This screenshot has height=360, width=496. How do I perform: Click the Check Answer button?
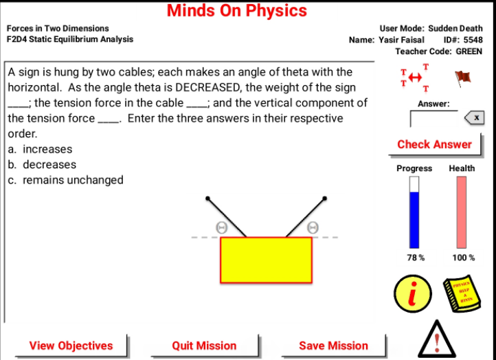tap(434, 144)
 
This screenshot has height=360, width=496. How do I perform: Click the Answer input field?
tap(433, 118)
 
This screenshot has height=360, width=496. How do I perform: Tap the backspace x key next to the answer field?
tap(474, 118)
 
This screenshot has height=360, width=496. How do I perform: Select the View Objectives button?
tap(71, 346)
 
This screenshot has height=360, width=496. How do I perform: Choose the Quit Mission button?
tap(204, 346)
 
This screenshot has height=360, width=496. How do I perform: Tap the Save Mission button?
tap(333, 346)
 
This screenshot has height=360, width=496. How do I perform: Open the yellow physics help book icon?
tap(460, 292)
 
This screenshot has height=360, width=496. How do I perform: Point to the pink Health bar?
tap(462, 212)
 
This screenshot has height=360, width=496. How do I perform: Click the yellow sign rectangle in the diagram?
tap(266, 260)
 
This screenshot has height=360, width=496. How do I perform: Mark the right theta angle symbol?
tap(313, 227)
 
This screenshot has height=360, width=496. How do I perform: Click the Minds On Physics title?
tap(237, 11)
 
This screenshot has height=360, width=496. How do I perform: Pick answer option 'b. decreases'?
tap(42, 165)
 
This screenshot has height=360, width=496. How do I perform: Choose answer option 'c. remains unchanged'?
tap(65, 180)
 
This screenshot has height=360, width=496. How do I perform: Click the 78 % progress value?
tap(415, 258)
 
